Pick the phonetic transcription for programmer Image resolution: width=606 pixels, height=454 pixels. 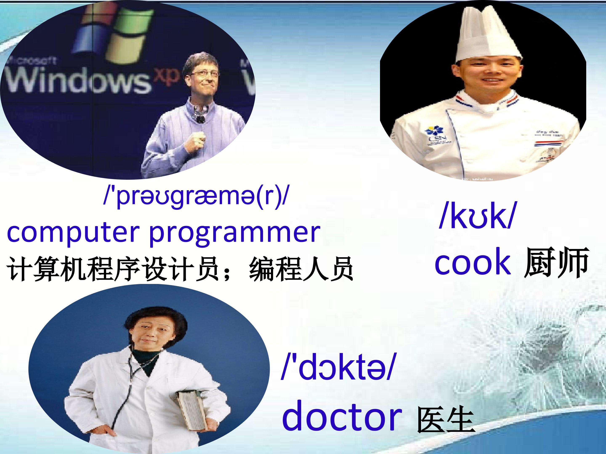pos(196,196)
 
